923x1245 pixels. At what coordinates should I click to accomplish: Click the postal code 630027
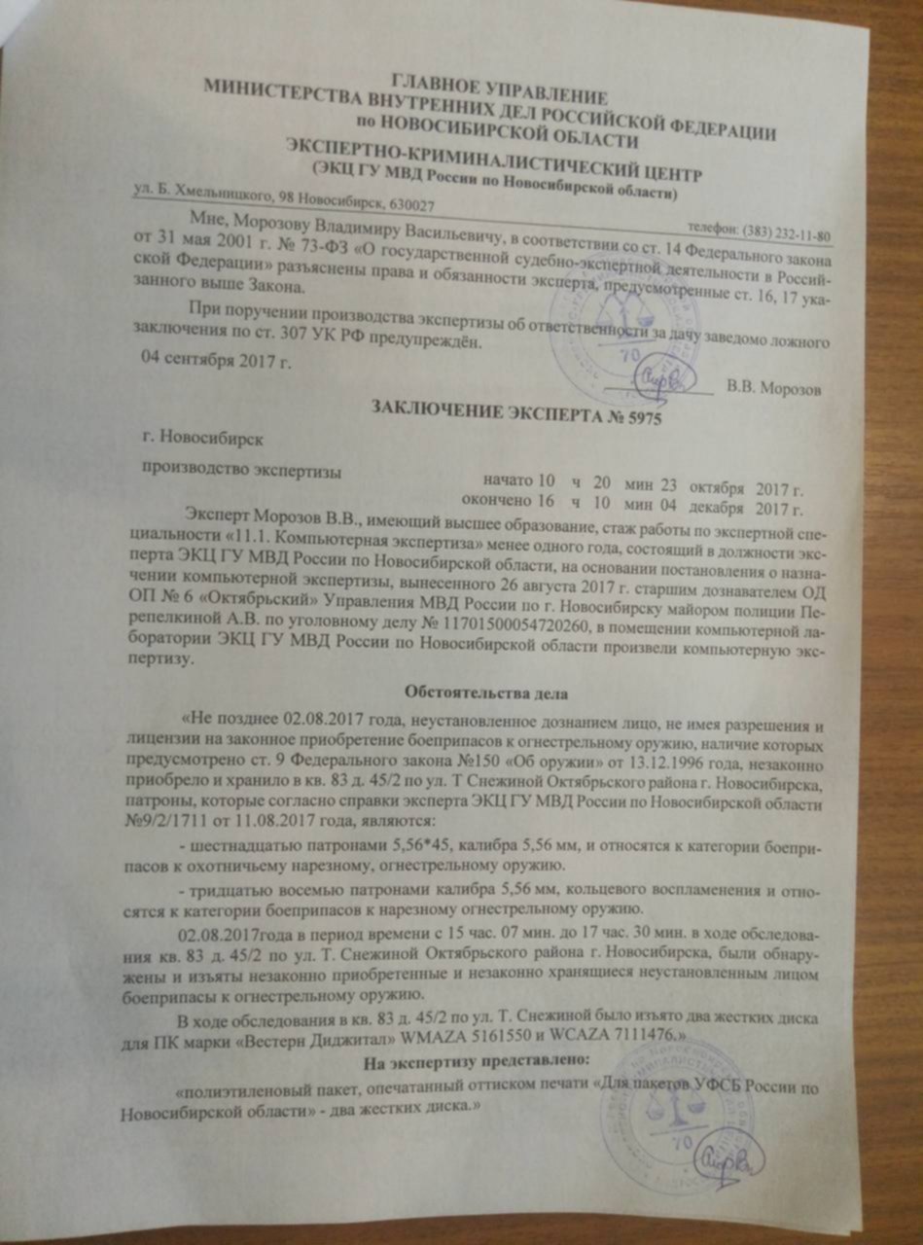pos(409,205)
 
